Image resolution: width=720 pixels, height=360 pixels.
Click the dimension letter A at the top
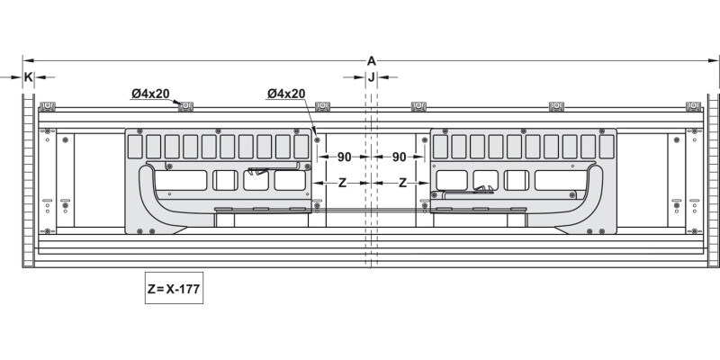pos(371,60)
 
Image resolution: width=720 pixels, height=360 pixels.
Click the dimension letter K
pos(29,77)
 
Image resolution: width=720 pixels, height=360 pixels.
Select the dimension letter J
pos(371,77)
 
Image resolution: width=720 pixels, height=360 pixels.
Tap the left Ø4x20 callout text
pos(150,94)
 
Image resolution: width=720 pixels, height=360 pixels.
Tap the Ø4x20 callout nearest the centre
pos(286,94)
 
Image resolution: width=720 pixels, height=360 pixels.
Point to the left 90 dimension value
pos(345,157)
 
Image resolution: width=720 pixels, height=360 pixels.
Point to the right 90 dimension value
pos(399,157)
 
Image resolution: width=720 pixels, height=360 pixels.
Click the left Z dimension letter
pos(342,184)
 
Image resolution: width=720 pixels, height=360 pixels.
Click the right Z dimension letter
pos(402,184)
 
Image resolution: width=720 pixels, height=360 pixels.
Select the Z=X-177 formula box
pos(174,288)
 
